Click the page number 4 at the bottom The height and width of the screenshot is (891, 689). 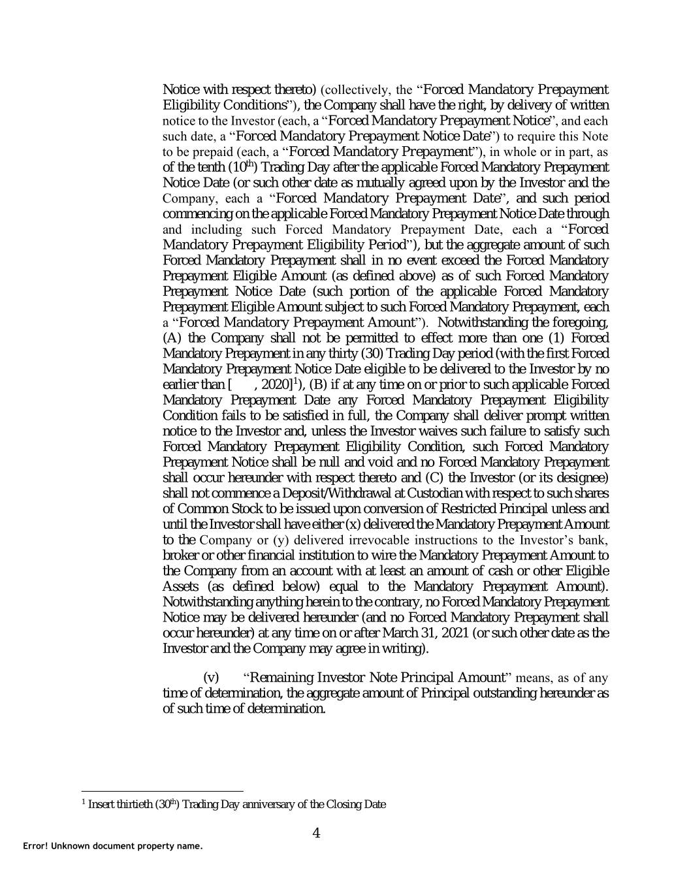tap(316, 832)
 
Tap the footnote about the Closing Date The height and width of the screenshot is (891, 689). tap(234, 804)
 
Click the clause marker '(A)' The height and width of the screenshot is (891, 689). tap(172, 337)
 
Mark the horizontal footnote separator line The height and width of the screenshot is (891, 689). tap(162, 789)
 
